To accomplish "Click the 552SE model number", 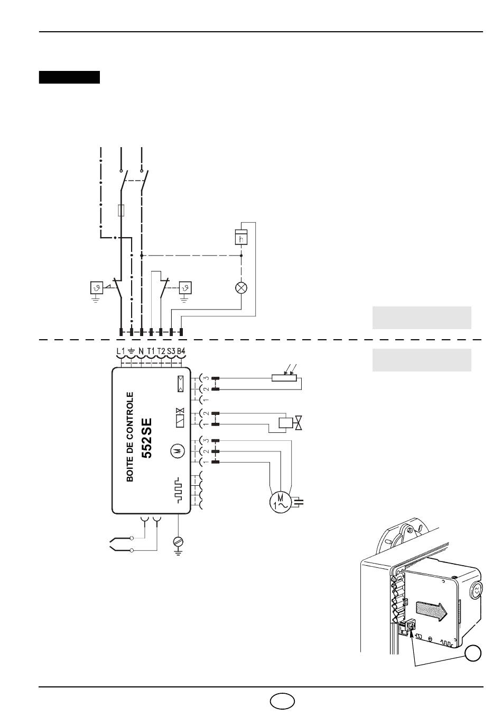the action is click(147, 439).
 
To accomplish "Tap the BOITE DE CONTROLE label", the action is click(130, 437).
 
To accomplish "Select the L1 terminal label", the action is click(121, 351).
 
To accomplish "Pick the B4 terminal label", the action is click(181, 351).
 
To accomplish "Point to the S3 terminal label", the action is click(171, 351).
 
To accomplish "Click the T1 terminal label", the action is click(151, 351).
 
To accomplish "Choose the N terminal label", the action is click(141, 351).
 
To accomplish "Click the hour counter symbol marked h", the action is click(241, 237).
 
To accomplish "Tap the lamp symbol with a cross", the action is click(241, 288).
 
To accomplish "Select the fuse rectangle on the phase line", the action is click(121, 210).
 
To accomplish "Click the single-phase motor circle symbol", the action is click(281, 503).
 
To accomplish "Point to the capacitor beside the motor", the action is click(299, 502).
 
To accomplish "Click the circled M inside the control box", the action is click(178, 451).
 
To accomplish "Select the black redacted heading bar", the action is click(69, 77).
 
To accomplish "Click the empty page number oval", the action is click(282, 702).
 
